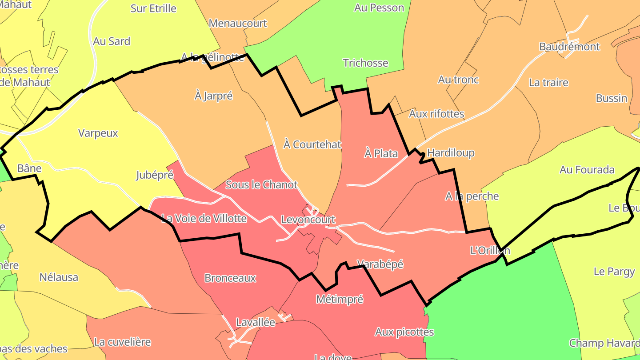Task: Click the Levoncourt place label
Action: (308, 220)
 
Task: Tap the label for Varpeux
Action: (98, 133)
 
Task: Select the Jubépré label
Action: (154, 175)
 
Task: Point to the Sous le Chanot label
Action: (261, 184)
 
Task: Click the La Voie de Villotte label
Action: (204, 218)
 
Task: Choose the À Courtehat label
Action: (312, 144)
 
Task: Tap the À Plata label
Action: (381, 153)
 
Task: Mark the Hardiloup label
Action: (451, 153)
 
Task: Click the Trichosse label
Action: (366, 63)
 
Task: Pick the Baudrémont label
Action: (569, 47)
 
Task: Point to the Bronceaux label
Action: (230, 278)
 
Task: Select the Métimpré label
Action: (340, 299)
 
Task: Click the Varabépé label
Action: (380, 264)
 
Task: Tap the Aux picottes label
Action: (404, 332)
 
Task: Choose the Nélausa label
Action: (59, 277)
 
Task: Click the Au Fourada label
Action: (587, 169)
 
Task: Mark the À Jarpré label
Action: (213, 96)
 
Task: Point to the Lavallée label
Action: (256, 323)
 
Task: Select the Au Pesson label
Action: (379, 8)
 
